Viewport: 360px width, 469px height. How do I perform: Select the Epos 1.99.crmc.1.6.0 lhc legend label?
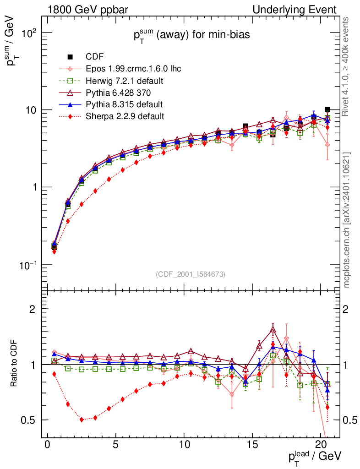(133, 69)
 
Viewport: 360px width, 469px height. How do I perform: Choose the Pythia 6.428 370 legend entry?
(121, 93)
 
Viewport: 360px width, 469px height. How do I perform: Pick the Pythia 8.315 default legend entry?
(124, 104)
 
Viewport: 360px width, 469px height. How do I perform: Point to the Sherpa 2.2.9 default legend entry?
(125, 116)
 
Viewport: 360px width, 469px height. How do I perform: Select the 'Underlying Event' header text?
(301, 10)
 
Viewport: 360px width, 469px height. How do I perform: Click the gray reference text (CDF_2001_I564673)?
(191, 274)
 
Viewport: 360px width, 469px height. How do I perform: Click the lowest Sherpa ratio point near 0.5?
(82, 420)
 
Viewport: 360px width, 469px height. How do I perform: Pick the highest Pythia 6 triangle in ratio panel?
(273, 330)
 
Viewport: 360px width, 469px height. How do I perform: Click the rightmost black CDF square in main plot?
(327, 109)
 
